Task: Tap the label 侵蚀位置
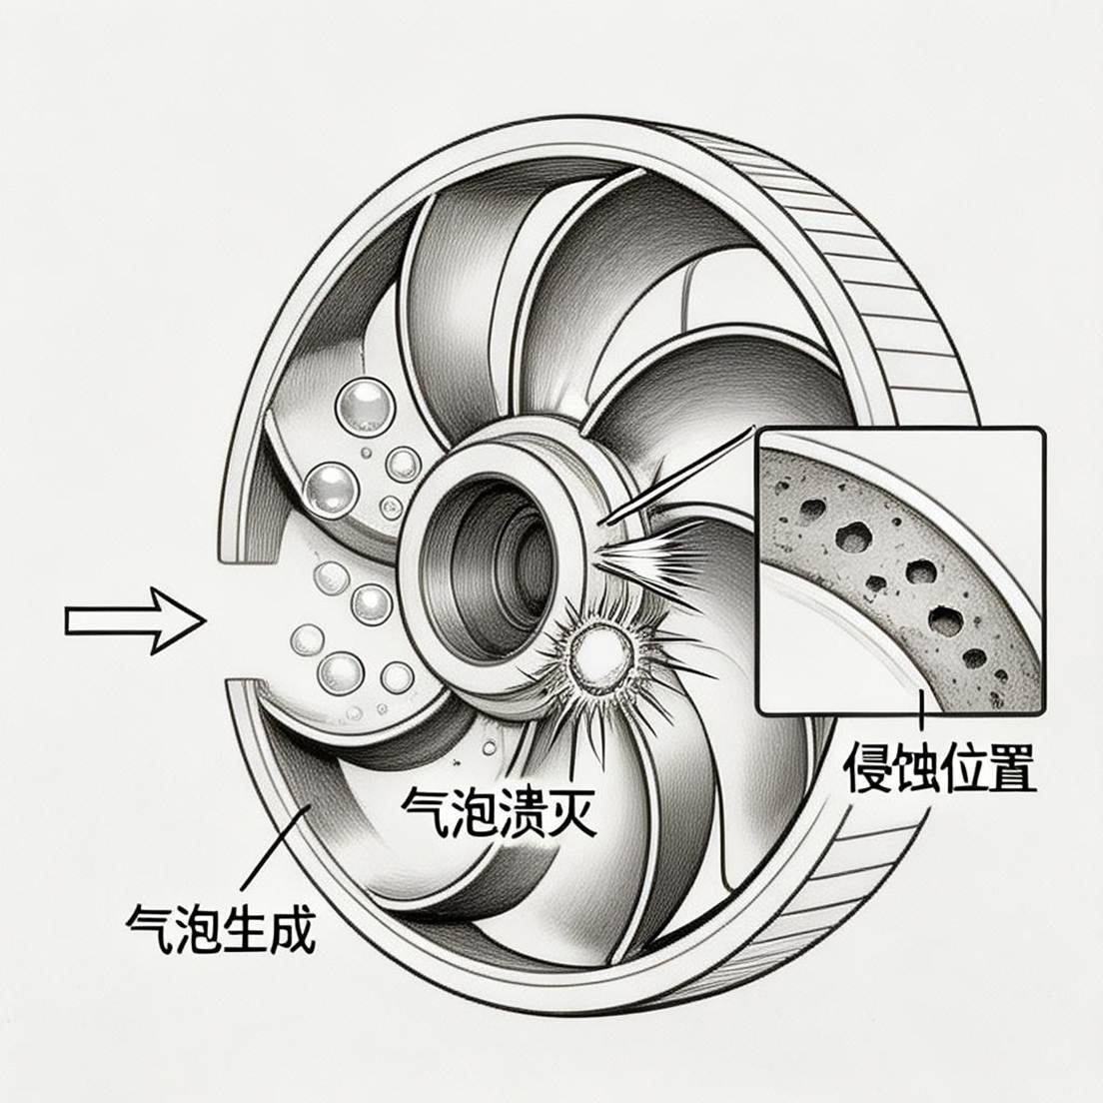pos(939,766)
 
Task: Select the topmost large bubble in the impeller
pos(362,405)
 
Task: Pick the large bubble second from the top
pos(331,489)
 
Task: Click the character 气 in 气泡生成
pos(148,928)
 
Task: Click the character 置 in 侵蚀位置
pos(1010,766)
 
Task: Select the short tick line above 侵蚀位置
pos(917,710)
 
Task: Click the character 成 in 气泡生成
pos(292,928)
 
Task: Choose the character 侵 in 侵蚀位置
pos(867,766)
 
